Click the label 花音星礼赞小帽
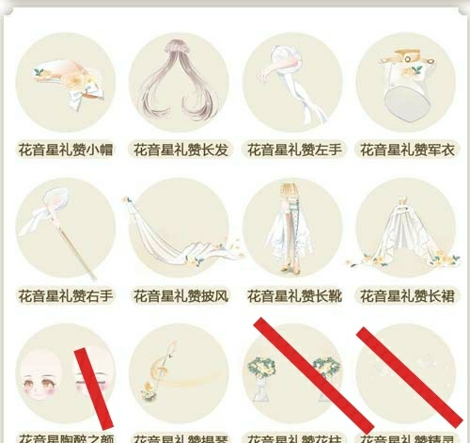pyautogui.click(x=66, y=150)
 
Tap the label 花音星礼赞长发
pyautogui.click(x=180, y=150)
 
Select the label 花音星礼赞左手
pyautogui.click(x=293, y=150)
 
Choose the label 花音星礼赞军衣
pyautogui.click(x=406, y=150)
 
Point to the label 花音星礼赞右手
pyautogui.click(x=66, y=295)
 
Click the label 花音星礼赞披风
pyautogui.click(x=180, y=295)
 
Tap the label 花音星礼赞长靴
pyautogui.click(x=293, y=295)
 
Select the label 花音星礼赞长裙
pyautogui.click(x=406, y=295)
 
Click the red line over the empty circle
pyautogui.click(x=408, y=376)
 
